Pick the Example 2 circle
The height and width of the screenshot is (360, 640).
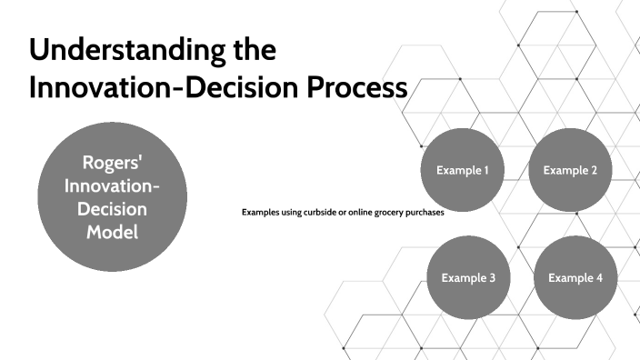click(x=570, y=169)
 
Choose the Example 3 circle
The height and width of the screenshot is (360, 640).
click(x=467, y=276)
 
